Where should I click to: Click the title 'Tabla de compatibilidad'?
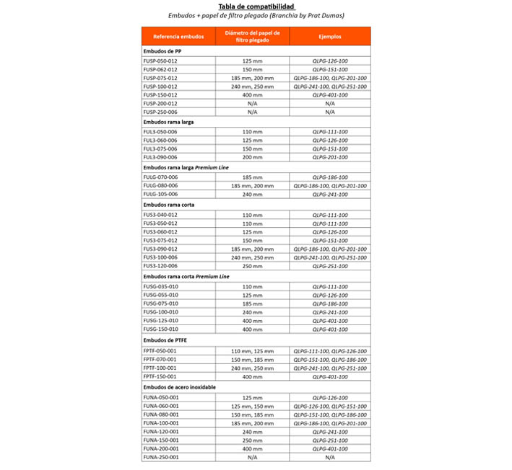tap(256, 6)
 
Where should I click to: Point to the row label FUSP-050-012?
tap(160, 61)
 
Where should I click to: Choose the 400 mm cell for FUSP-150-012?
tap(252, 95)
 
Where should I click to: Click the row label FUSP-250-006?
tap(160, 112)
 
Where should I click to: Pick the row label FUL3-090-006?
tap(160, 157)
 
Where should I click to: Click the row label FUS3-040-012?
tap(160, 214)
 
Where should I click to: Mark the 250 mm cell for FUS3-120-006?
tap(252, 266)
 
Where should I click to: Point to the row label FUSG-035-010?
tap(160, 286)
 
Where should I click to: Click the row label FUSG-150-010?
tap(160, 329)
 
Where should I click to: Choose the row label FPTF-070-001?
tap(160, 359)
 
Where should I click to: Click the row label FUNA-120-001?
tap(160, 431)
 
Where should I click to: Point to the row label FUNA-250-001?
tap(160, 457)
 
